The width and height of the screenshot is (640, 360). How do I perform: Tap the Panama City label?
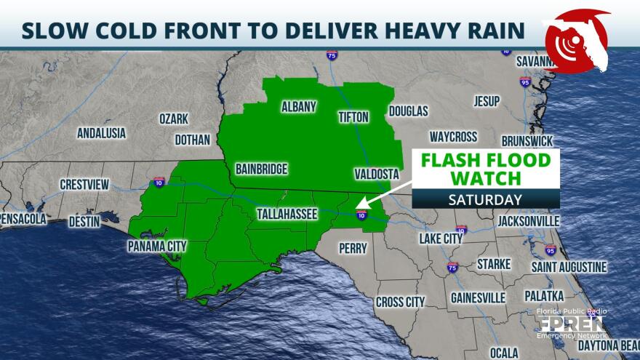[x=157, y=247]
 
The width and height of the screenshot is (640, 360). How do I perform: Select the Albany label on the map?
[x=299, y=108]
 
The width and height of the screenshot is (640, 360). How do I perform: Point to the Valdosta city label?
[x=377, y=174]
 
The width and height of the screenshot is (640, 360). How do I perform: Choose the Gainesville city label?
[x=478, y=297]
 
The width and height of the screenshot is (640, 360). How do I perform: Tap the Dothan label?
[x=192, y=140]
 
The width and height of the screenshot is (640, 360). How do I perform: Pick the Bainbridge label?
[x=262, y=169]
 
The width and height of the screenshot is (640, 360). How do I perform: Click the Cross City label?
[x=400, y=302]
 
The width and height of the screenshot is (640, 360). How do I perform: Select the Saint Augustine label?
[x=569, y=268]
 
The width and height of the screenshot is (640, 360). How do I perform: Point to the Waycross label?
[x=453, y=137]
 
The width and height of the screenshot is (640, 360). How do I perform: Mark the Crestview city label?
[x=84, y=185]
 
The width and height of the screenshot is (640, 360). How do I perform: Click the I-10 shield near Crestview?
[x=159, y=183]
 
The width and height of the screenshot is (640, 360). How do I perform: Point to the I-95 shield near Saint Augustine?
[x=551, y=250]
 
